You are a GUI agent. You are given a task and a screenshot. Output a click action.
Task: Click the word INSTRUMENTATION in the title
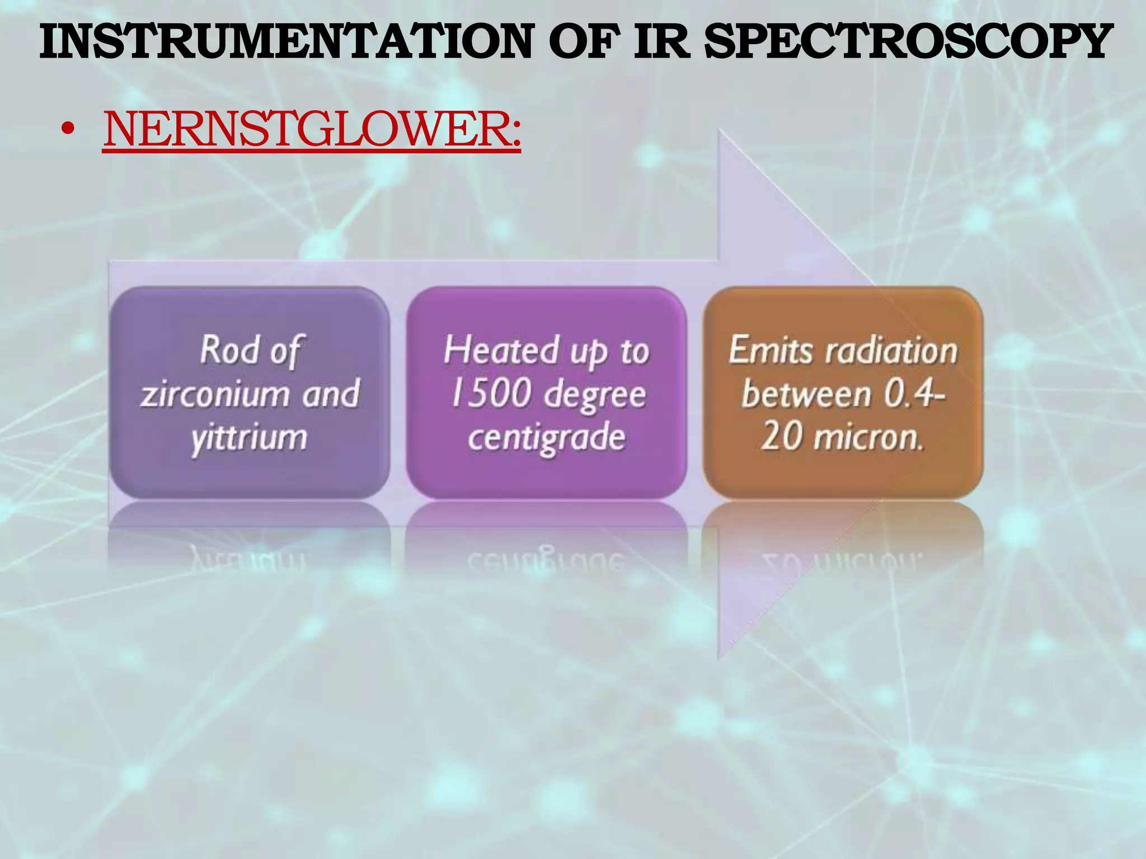(x=285, y=42)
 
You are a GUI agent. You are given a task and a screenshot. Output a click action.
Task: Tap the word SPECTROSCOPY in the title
(x=906, y=42)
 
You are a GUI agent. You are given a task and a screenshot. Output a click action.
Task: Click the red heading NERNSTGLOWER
(x=312, y=130)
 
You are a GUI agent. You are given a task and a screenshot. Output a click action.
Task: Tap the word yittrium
(x=250, y=438)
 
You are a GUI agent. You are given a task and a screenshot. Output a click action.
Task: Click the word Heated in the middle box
(x=501, y=351)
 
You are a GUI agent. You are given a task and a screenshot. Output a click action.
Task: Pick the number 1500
(x=491, y=394)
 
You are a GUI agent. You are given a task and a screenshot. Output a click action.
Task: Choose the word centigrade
(x=546, y=438)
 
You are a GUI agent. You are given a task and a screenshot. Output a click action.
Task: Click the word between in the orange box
(x=806, y=394)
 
